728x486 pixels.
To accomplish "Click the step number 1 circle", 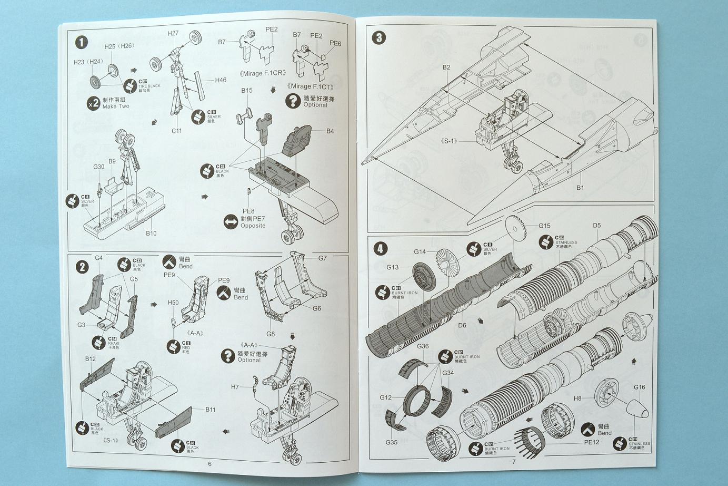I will point(81,42).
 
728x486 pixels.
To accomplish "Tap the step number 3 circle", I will point(378,37).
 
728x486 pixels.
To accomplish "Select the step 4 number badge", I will point(381,248).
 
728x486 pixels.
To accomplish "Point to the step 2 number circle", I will point(82,267).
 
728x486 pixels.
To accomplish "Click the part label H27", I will point(173,33).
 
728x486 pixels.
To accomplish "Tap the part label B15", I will point(247,91).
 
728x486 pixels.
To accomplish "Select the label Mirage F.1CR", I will point(262,73).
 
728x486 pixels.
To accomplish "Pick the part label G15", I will point(544,226).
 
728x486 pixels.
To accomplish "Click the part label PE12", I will point(592,442).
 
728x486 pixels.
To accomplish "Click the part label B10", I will point(151,233).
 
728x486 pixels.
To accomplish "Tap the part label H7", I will point(235,387).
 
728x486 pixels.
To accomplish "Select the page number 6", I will point(210,464).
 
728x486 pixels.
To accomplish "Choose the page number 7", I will point(514,462).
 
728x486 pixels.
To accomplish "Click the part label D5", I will point(596,225).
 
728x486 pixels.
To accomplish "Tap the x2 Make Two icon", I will point(94,103).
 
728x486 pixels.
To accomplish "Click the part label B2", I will point(446,67).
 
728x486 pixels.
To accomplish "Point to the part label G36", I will point(423,346).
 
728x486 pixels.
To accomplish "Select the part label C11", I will point(176,131).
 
